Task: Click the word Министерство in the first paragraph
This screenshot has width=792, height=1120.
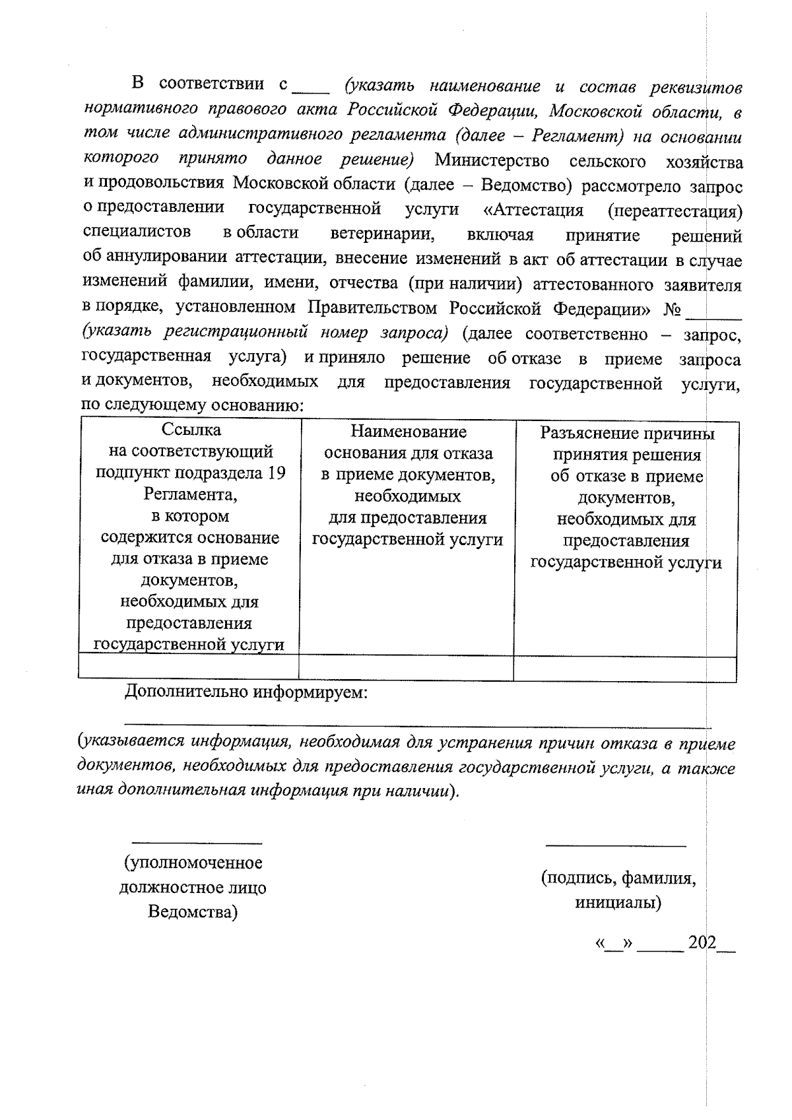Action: tap(492, 161)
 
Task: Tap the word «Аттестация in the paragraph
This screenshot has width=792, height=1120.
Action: tap(533, 211)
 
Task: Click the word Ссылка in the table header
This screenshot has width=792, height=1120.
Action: tap(191, 430)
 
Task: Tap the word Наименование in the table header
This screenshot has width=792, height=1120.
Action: tap(408, 432)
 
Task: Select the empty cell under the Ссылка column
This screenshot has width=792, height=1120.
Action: tap(189, 667)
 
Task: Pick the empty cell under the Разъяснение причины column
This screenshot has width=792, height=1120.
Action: tap(624, 669)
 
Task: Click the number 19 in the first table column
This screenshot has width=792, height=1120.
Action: tap(277, 474)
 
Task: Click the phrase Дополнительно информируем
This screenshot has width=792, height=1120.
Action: tap(246, 692)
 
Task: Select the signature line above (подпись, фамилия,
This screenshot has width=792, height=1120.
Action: tap(616, 845)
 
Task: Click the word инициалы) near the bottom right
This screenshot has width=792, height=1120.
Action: tap(618, 902)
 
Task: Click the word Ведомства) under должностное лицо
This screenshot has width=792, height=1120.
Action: tap(193, 912)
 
